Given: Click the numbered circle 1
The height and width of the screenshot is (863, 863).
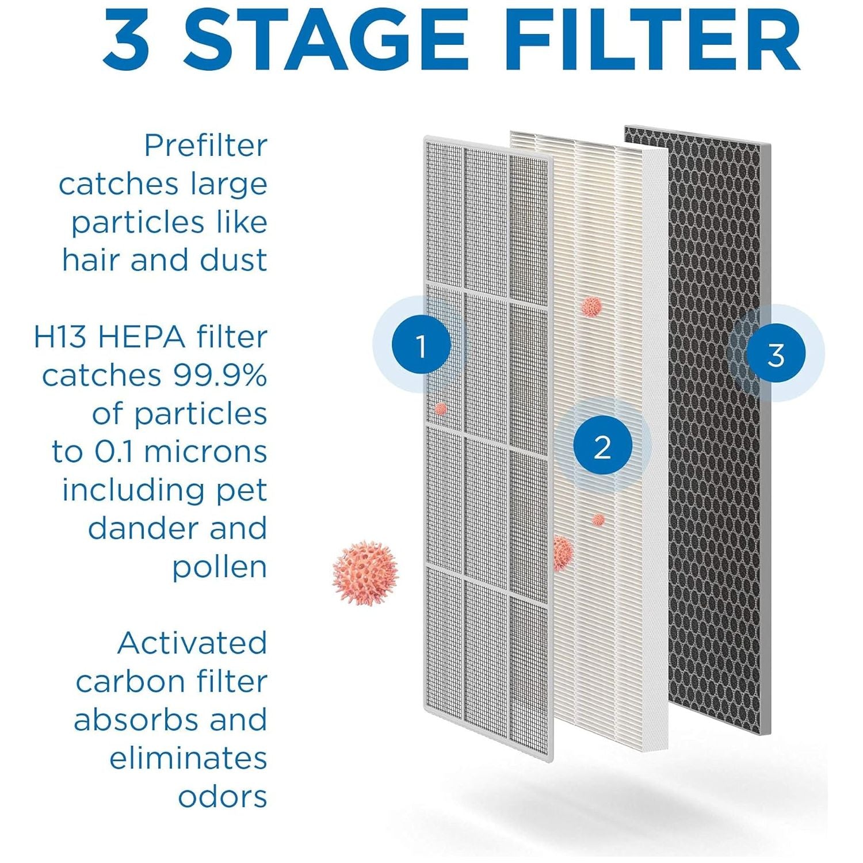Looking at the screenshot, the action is [421, 345].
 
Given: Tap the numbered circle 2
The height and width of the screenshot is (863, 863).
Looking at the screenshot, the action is [602, 446].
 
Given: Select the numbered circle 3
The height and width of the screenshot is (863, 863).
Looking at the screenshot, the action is [776, 353].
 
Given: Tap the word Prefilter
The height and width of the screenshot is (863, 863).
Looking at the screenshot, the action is [205, 145].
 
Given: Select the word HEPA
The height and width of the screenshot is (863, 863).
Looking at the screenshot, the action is [142, 337].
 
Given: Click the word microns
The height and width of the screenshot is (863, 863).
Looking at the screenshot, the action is [205, 452].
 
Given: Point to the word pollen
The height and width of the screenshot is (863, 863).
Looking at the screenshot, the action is [220, 568].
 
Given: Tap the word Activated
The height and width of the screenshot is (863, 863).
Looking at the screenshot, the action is [193, 643].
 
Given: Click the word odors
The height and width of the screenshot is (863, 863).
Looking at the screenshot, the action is [223, 797].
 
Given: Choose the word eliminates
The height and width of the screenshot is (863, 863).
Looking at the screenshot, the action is [188, 758].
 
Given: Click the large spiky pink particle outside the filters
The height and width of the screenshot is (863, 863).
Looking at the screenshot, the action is [365, 572].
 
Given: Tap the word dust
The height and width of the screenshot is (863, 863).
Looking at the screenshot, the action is [233, 260].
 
